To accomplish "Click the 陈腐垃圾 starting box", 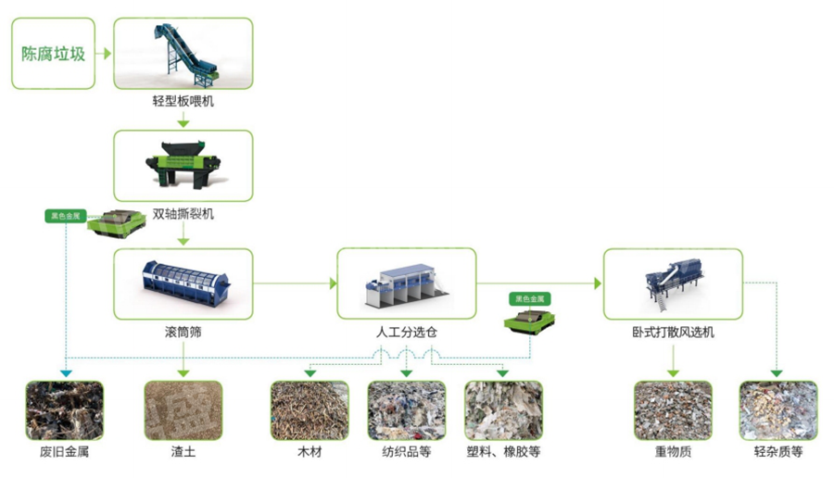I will click(x=53, y=54).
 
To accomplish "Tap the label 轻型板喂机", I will click(x=183, y=101).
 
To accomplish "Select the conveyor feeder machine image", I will click(x=183, y=50).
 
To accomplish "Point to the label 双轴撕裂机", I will click(x=183, y=214).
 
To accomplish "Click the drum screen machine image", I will click(x=183, y=281).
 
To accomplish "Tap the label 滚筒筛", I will click(x=183, y=331).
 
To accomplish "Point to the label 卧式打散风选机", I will click(x=673, y=331).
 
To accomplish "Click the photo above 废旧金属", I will click(x=64, y=409).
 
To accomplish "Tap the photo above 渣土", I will click(x=183, y=409).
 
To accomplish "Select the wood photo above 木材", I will click(x=310, y=409).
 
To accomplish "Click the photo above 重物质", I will click(x=673, y=409).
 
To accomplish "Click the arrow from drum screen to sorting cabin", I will click(x=295, y=283).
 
